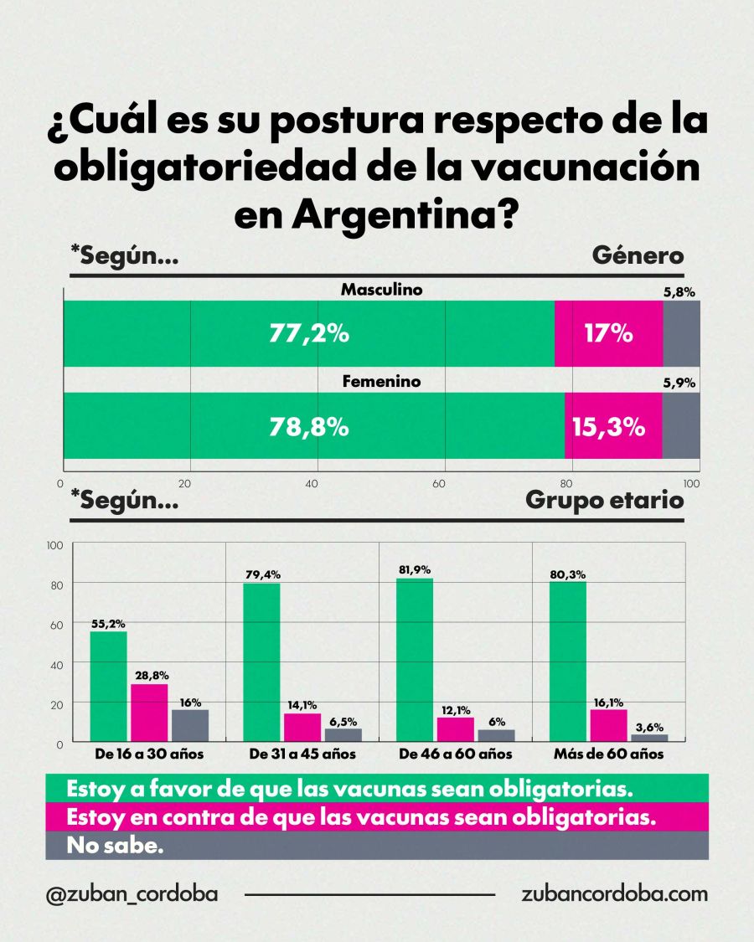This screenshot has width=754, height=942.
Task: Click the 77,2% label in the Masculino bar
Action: click(x=308, y=334)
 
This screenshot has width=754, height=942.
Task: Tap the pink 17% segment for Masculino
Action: click(x=609, y=334)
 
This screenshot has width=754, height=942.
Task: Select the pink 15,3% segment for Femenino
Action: click(x=613, y=427)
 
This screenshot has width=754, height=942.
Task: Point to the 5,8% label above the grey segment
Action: click(x=679, y=292)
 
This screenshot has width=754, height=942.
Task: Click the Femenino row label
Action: click(x=381, y=382)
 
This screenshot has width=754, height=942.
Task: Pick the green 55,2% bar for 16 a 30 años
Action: click(x=108, y=687)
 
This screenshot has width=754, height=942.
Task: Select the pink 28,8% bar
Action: click(x=149, y=713)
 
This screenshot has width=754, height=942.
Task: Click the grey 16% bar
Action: click(x=190, y=725)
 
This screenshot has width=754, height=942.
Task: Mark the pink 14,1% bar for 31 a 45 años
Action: click(x=302, y=727)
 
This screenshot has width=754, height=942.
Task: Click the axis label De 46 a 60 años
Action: click(x=456, y=754)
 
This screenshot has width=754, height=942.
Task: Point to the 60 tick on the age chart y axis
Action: click(x=56, y=625)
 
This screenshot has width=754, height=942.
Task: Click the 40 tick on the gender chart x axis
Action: click(x=312, y=484)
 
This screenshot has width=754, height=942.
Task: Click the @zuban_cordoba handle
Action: click(x=132, y=893)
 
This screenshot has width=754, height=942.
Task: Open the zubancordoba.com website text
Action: click(x=614, y=893)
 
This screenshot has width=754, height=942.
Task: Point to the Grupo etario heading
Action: click(x=604, y=501)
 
